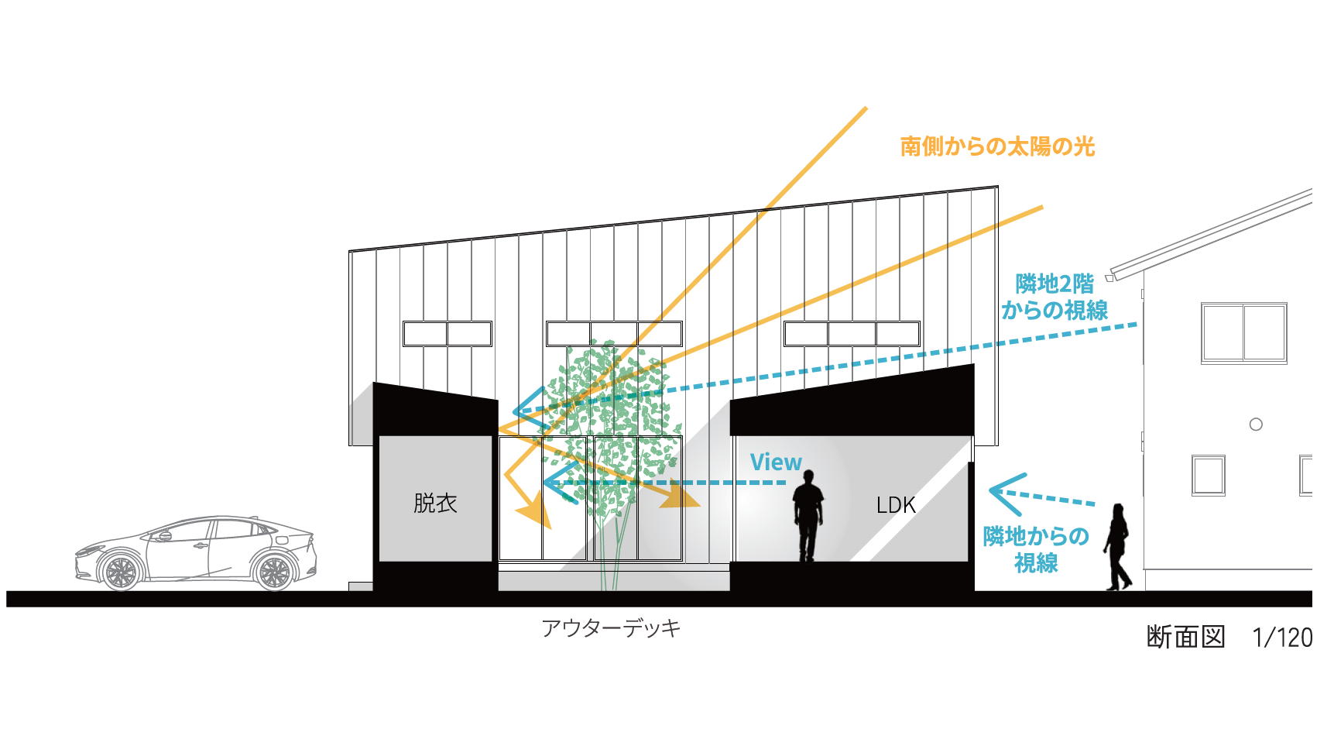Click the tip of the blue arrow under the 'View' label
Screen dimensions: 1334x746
coord(544,483)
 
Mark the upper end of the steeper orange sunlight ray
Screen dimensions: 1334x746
coord(866,108)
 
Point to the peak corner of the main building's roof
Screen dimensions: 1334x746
coord(997,187)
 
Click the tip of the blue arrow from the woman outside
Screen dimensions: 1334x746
coord(990,490)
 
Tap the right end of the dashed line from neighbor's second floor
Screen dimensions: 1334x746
coord(1137,325)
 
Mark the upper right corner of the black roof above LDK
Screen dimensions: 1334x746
coord(973,364)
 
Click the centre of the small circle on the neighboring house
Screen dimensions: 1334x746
coord(1256,425)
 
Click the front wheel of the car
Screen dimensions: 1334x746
coord(121,572)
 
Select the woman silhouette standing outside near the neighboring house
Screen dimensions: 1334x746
coord(1117,547)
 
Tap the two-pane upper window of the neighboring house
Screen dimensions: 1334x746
coord(1244,333)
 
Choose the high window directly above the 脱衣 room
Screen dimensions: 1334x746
coord(448,334)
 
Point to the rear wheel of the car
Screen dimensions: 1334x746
coord(273,572)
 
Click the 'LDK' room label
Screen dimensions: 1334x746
coord(896,505)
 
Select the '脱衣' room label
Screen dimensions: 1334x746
coord(435,504)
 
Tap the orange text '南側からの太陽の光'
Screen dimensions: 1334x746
coord(997,146)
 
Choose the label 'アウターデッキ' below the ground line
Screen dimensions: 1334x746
coord(612,628)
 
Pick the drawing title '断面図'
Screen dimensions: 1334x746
coord(1185,638)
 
